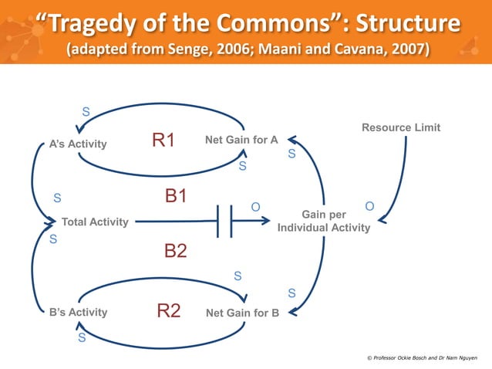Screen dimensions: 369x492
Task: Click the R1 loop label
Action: click(163, 140)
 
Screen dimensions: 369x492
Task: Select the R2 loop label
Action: click(169, 311)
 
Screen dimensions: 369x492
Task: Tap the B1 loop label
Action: click(176, 196)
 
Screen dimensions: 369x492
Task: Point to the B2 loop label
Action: click(176, 251)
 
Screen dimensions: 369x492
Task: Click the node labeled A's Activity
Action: click(78, 144)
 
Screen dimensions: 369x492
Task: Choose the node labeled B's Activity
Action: click(78, 313)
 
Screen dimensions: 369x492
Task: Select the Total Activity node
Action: click(95, 222)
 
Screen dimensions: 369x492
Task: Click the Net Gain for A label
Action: click(241, 140)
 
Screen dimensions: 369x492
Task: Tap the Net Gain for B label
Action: click(242, 313)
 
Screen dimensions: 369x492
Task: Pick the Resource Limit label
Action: click(401, 127)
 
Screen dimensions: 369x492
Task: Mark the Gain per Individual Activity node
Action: click(324, 221)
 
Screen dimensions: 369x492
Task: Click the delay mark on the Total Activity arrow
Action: click(224, 222)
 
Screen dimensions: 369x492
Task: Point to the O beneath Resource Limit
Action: click(369, 206)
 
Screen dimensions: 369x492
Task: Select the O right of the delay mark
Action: click(255, 206)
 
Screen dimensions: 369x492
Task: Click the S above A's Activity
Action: click(85, 112)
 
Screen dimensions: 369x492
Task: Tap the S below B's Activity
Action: click(82, 337)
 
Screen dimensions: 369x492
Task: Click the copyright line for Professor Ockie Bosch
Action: click(422, 358)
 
